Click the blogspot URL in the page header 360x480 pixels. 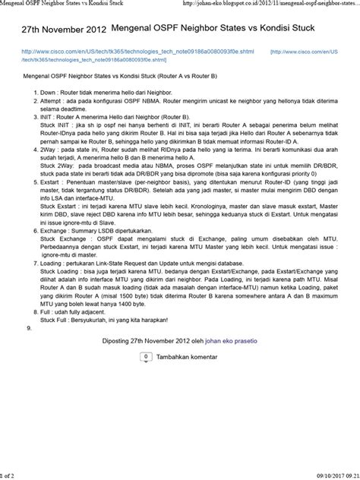click(x=273, y=4)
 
